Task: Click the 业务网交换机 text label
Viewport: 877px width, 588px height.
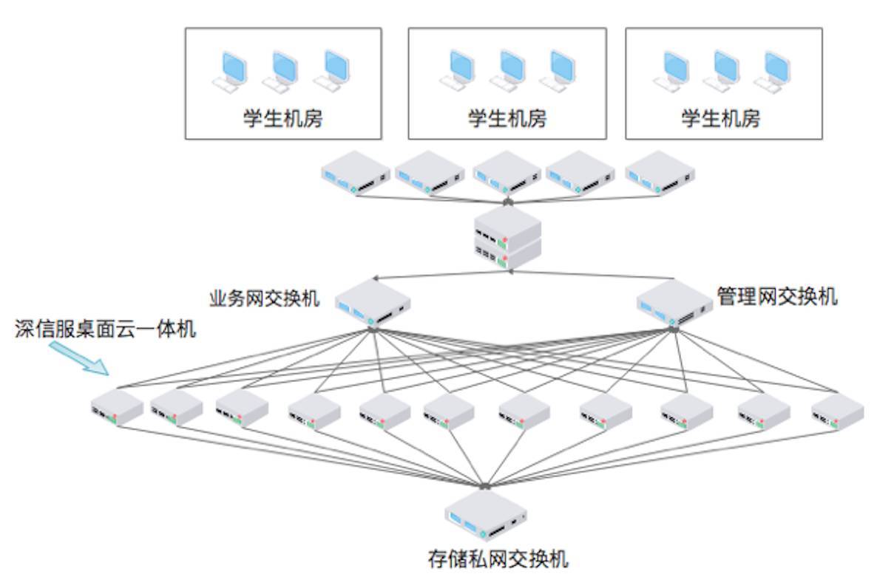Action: coord(265,298)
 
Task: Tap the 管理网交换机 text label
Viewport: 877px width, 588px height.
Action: coord(776,297)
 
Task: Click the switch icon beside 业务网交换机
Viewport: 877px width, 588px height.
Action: coord(372,304)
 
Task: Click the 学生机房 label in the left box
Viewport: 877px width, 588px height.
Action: coord(283,118)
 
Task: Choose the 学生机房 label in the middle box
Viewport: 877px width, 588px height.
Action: coord(507,118)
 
